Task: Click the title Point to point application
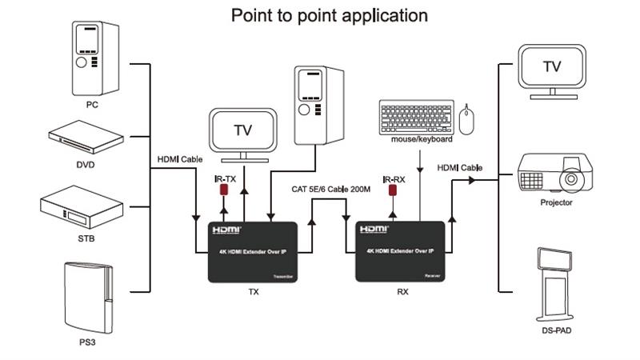point(329,15)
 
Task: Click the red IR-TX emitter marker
point(224,192)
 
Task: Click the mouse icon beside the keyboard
point(468,119)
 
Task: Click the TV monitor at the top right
point(552,70)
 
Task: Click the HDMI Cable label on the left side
point(179,159)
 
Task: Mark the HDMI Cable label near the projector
point(459,168)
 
